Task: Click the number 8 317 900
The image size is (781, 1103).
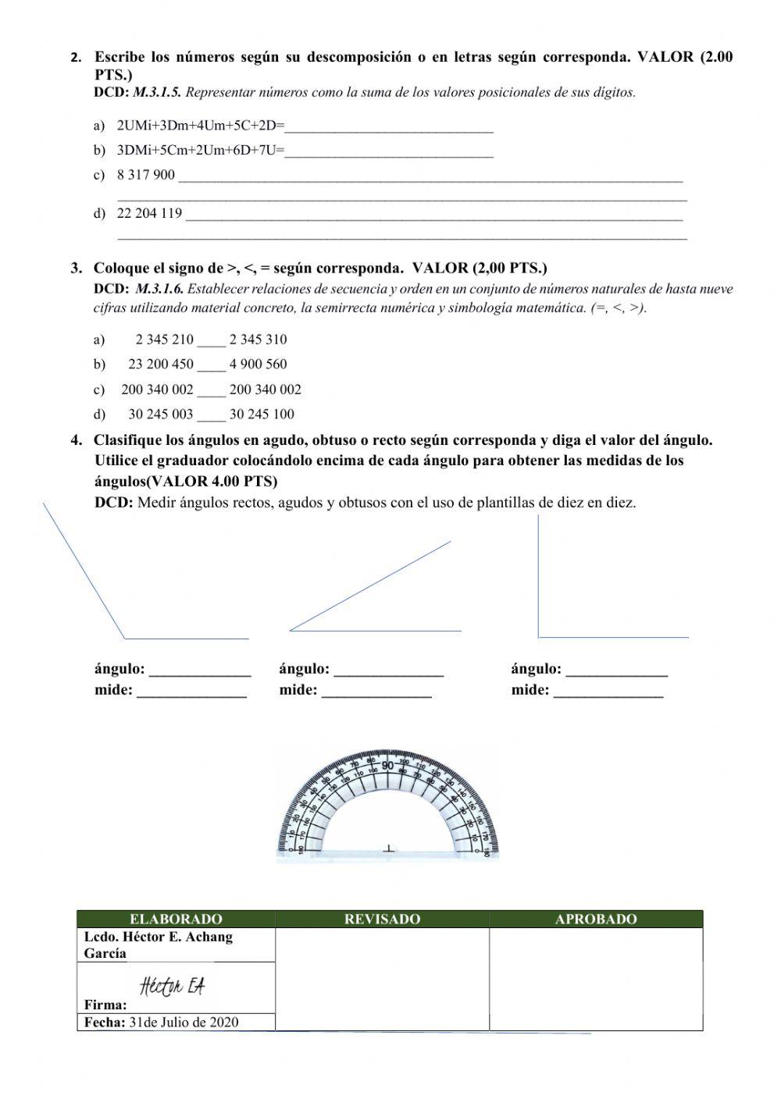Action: [146, 175]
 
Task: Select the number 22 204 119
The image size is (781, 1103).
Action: [149, 213]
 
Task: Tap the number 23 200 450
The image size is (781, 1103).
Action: [161, 364]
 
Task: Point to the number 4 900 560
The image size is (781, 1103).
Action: [258, 364]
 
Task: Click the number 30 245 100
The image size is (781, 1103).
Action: [262, 415]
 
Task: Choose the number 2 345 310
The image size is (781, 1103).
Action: [258, 340]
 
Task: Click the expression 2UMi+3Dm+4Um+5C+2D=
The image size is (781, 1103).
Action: [201, 126]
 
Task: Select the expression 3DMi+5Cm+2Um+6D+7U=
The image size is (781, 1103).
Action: [201, 151]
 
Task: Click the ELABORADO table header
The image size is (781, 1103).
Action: [176, 920]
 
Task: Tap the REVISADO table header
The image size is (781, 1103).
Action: [382, 920]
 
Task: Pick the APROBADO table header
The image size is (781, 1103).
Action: [596, 920]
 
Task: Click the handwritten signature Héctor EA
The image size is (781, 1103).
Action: [173, 987]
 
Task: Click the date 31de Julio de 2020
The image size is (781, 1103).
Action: [184, 1023]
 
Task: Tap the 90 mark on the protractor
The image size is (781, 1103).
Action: [388, 765]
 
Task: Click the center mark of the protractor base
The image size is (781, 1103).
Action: [389, 848]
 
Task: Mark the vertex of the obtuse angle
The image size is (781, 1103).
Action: [125, 639]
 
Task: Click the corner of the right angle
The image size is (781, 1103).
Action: [538, 637]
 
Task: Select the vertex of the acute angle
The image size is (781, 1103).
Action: [291, 630]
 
